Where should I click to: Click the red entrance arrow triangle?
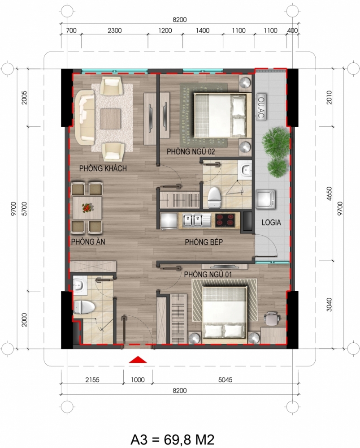(x=138, y=360)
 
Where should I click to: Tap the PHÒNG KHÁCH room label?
(x=103, y=168)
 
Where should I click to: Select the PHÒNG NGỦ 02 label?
(x=191, y=151)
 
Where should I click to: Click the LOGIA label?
(x=271, y=222)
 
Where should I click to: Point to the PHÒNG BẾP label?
(x=204, y=242)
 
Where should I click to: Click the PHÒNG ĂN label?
(x=88, y=242)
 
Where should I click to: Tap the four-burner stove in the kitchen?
(x=225, y=220)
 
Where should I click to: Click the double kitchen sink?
(x=193, y=220)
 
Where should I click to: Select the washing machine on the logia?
(x=266, y=199)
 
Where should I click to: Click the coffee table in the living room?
(x=110, y=119)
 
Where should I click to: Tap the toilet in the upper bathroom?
(x=214, y=198)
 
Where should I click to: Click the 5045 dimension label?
(x=226, y=380)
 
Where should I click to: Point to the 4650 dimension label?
(x=329, y=194)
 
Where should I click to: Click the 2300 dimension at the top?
(x=115, y=30)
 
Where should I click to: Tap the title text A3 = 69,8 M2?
(x=173, y=439)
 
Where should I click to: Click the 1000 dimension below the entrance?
(x=138, y=380)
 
